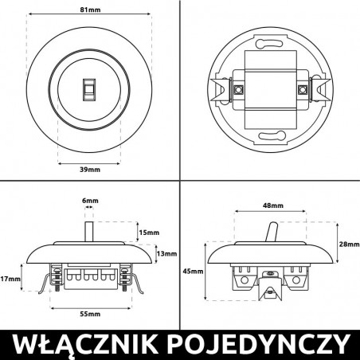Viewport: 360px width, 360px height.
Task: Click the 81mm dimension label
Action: [89, 11]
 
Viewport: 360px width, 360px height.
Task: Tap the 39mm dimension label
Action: [89, 170]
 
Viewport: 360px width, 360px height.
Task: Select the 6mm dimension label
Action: [90, 201]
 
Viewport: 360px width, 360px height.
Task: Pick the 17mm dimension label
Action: [11, 280]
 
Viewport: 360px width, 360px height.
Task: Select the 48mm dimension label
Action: [271, 205]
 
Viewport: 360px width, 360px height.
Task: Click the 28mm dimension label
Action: [349, 244]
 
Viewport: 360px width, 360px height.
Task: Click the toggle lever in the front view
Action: [89, 89]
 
